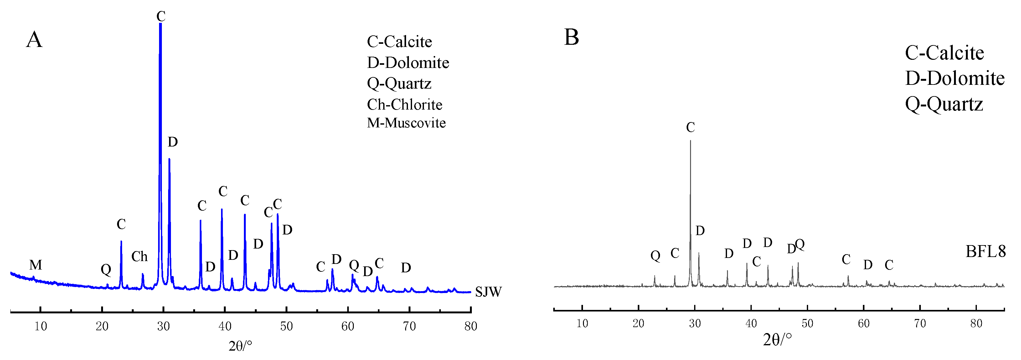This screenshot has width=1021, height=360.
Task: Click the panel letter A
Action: [x=34, y=40]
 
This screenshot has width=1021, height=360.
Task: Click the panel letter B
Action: [x=571, y=37]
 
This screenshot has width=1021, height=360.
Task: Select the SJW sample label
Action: [x=488, y=292]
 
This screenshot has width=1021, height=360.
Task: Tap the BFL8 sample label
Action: [x=985, y=251]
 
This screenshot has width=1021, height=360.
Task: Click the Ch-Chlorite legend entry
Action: [x=404, y=105]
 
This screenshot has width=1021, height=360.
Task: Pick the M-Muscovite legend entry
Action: [x=406, y=123]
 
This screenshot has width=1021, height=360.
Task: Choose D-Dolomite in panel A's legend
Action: [x=408, y=63]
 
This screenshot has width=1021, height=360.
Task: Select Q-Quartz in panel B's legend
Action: [x=944, y=104]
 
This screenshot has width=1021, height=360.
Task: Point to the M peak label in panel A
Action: [x=36, y=265]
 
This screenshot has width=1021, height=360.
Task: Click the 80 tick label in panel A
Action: [x=471, y=326]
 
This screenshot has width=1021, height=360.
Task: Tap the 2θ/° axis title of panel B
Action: [x=777, y=340]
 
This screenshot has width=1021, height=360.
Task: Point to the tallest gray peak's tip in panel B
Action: [x=690, y=141]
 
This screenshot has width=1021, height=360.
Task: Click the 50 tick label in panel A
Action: [x=286, y=326]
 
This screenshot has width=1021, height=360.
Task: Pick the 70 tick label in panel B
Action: [x=920, y=323]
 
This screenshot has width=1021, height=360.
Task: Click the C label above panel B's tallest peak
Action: [x=690, y=128]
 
